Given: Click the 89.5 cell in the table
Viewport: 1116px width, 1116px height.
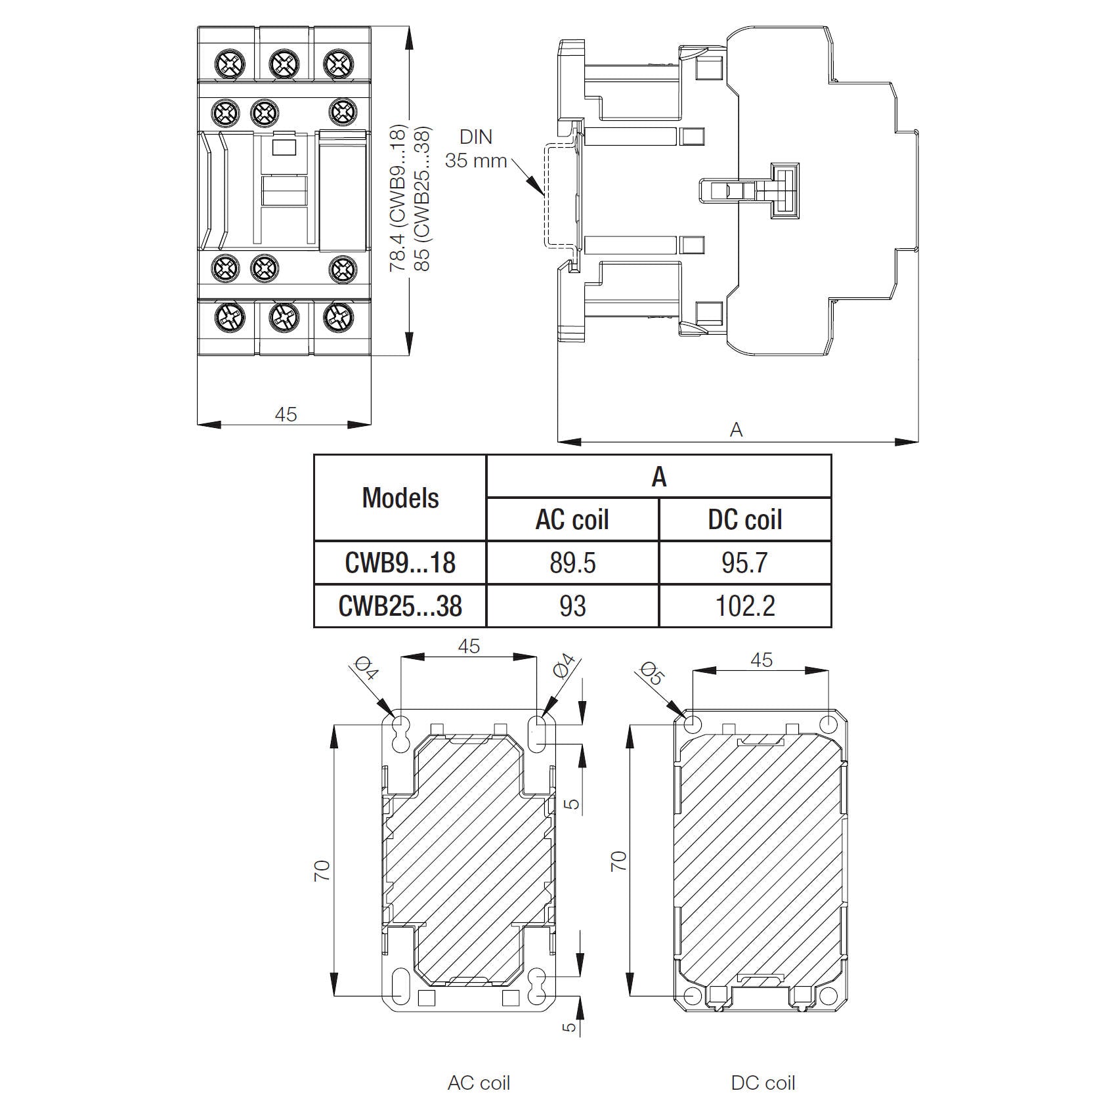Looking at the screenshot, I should tap(572, 563).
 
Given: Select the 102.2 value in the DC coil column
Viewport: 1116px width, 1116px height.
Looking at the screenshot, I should tap(744, 606).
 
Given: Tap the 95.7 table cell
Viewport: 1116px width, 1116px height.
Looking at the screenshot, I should tap(744, 563).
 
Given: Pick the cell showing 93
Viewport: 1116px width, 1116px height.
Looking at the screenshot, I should tap(572, 606).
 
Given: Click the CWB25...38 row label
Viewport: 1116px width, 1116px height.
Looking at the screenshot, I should tap(400, 606).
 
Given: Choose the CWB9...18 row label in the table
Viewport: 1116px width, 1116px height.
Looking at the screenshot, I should tap(400, 563).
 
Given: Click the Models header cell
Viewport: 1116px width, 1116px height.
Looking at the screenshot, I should tap(400, 498).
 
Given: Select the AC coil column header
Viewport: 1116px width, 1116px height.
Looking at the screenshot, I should tap(572, 520).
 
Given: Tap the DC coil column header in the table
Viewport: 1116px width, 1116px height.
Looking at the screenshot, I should tap(744, 520).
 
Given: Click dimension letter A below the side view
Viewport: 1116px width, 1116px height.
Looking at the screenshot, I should tap(736, 430).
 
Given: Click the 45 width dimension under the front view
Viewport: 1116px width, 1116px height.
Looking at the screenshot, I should tap(286, 415).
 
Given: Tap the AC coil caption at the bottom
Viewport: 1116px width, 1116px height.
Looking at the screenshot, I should tap(479, 1083).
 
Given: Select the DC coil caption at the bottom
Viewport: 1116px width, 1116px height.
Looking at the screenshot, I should tap(763, 1083).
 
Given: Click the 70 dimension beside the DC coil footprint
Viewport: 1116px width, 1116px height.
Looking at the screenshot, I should tap(619, 861).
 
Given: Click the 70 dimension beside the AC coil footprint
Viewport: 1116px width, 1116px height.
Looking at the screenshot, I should tap(322, 871).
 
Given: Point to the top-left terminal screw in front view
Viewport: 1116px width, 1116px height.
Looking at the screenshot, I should tap(230, 64).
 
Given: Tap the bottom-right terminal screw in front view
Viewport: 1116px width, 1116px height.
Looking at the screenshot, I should tap(339, 317).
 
